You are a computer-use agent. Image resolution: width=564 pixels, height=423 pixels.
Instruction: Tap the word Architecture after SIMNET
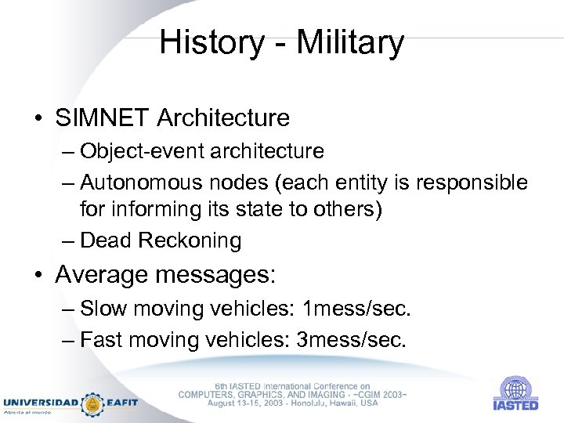coord(223,118)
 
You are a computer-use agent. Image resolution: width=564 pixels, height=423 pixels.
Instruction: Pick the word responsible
coord(474,183)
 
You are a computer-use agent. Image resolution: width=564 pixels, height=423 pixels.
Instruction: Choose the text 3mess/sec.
coord(357,340)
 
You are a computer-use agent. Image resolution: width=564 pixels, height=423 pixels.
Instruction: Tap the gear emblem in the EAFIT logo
coord(93,403)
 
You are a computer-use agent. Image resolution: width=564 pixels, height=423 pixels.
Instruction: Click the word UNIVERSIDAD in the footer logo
coord(41,403)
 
